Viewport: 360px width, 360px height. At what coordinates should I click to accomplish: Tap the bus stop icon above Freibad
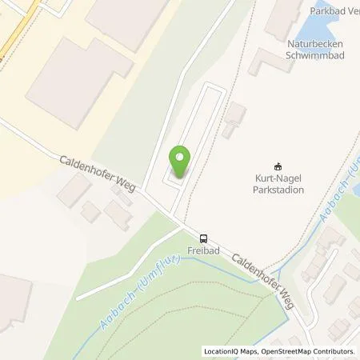coord(206,238)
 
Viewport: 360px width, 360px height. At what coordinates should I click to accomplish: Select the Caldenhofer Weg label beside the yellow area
coord(98,173)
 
